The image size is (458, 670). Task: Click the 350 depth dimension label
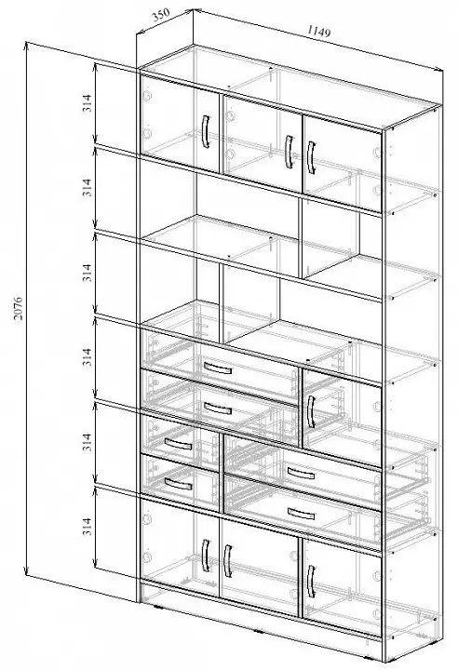click(x=161, y=15)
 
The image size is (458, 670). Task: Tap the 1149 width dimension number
click(x=318, y=32)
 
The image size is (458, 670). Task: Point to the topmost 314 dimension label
click(x=88, y=103)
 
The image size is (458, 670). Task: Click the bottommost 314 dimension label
click(x=88, y=527)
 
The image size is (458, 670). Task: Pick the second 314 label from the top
click(x=88, y=188)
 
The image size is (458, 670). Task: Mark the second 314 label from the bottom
click(x=88, y=442)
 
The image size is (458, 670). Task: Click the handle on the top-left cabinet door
click(x=206, y=131)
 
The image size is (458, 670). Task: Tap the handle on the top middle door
click(x=290, y=152)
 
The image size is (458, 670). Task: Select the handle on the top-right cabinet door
click(x=311, y=157)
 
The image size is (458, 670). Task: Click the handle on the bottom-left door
click(x=206, y=556)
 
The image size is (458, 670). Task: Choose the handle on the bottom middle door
click(x=228, y=561)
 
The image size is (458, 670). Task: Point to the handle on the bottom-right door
click(x=311, y=581)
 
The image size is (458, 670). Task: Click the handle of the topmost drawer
click(x=218, y=368)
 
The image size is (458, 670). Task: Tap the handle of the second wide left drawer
click(x=218, y=409)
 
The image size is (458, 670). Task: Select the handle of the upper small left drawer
click(x=179, y=444)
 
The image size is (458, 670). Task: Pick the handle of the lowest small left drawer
click(x=179, y=484)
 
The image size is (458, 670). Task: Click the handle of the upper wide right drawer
click(x=301, y=474)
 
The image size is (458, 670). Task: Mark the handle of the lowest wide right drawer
click(x=301, y=514)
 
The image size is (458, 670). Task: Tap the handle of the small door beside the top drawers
click(x=311, y=411)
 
